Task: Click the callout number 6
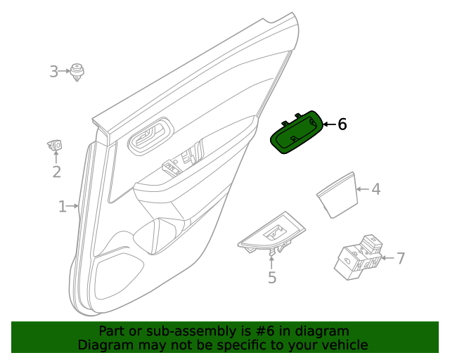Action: pos(342,124)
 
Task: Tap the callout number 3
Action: pos(54,71)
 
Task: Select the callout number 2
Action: pos(56,172)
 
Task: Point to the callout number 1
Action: pos(63,207)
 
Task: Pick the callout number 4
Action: pos(376,189)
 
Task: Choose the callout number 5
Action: pos(272,278)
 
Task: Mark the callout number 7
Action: pos(401,259)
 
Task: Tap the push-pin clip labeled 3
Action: pos(77,72)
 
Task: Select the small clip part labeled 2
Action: pos(55,146)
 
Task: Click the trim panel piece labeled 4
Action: pos(335,193)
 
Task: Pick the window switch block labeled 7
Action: pos(359,256)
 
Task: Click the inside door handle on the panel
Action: pos(150,135)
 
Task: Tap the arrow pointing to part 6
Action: pos(328,124)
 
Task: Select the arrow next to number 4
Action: pos(361,189)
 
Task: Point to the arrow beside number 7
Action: pos(387,259)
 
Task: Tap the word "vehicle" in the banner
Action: pos(344,345)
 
